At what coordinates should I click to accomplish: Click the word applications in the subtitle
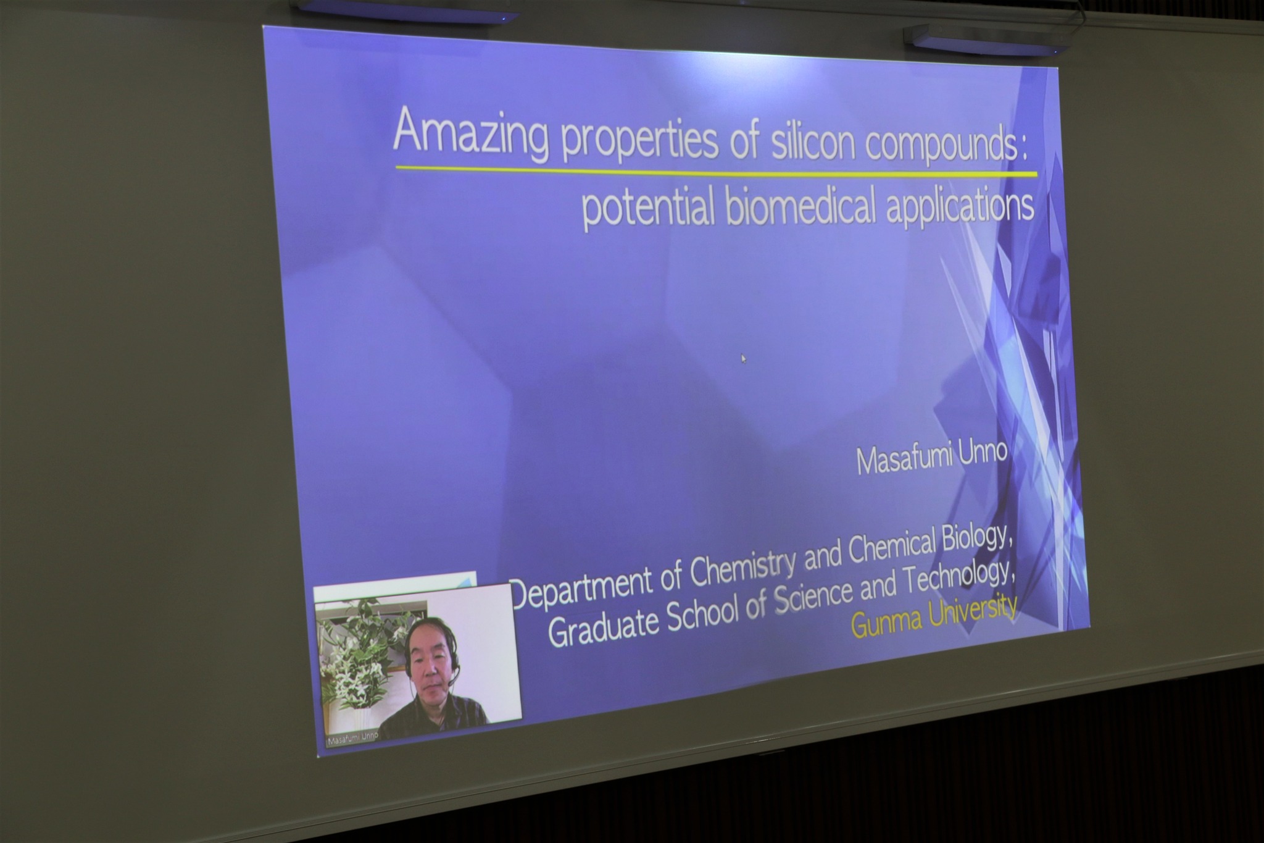960,204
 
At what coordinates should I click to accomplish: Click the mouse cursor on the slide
743,358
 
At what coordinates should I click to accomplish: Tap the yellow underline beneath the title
716,171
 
